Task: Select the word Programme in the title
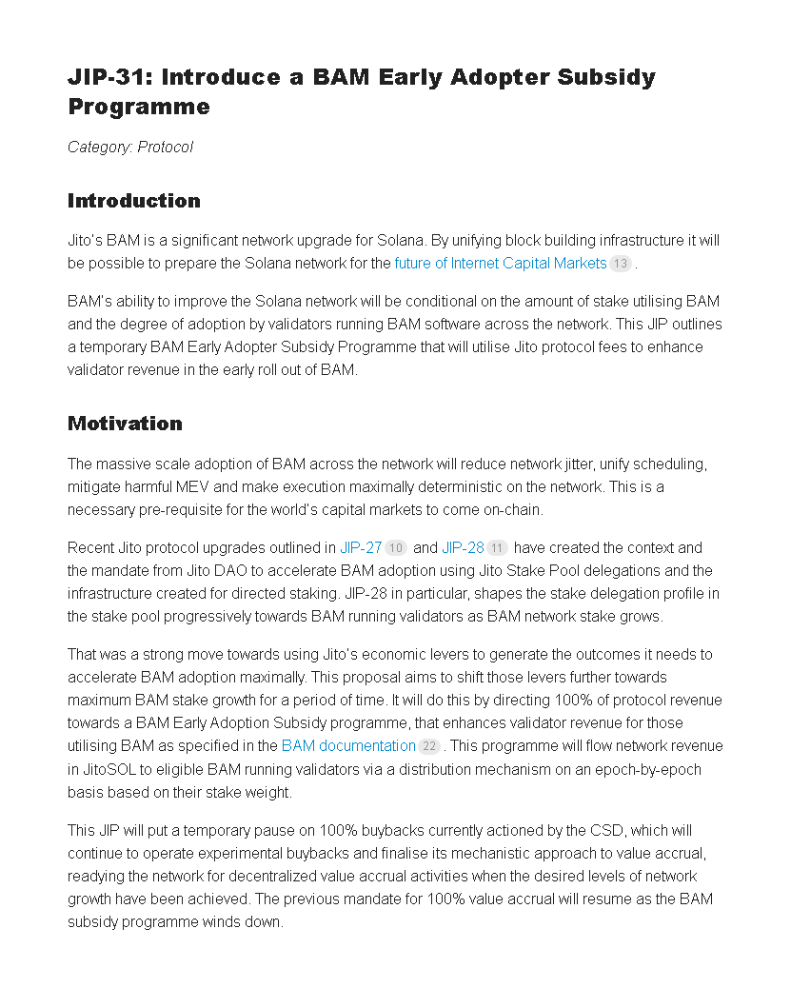pyautogui.click(x=139, y=107)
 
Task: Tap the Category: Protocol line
pyautogui.click(x=130, y=148)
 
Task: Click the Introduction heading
pyautogui.click(x=134, y=201)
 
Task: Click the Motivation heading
pyautogui.click(x=125, y=424)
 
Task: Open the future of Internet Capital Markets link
pyautogui.click(x=501, y=263)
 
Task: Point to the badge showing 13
pyautogui.click(x=621, y=264)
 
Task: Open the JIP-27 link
pyautogui.click(x=361, y=548)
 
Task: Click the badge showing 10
pyautogui.click(x=396, y=549)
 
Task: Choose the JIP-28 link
pyautogui.click(x=463, y=548)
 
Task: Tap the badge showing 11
pyautogui.click(x=497, y=549)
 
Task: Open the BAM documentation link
pyautogui.click(x=348, y=746)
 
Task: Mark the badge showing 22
pyautogui.click(x=428, y=747)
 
